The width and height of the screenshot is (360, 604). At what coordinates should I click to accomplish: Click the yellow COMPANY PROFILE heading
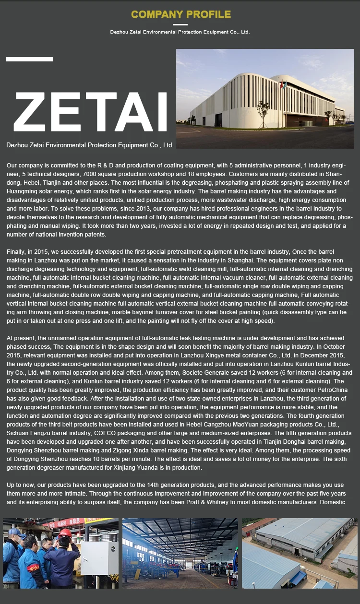[181, 14]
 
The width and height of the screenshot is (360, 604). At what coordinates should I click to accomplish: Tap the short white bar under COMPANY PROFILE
[180, 24]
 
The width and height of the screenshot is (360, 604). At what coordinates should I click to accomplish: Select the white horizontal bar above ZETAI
[29, 59]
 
